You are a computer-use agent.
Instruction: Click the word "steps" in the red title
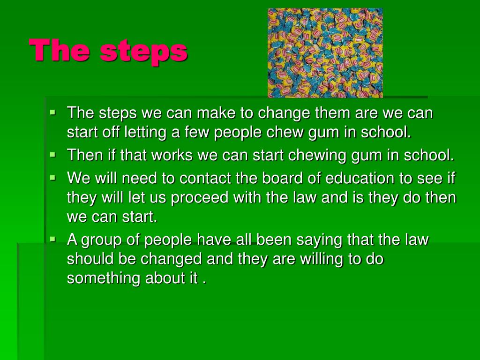point(144,51)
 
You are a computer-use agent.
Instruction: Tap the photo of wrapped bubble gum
point(325,52)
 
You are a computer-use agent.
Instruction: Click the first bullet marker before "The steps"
point(52,112)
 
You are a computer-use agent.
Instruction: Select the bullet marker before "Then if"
point(52,154)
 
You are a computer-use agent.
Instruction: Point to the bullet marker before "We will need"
point(52,178)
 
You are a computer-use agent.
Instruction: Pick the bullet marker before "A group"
point(52,239)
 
